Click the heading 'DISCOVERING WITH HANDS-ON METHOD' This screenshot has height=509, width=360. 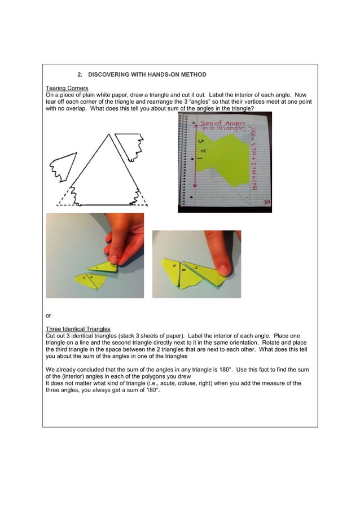[x=147, y=74]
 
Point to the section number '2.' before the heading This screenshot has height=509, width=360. [x=80, y=74]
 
